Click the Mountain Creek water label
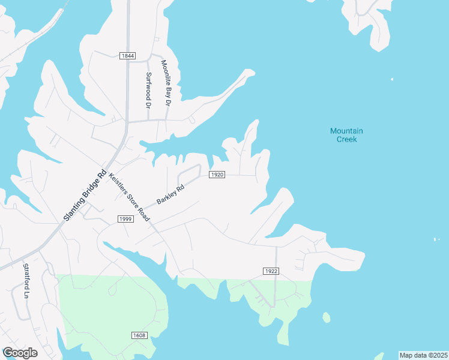pos(346,135)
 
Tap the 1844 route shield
pos(127,56)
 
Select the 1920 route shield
pos(217,175)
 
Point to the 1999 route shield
pos(125,219)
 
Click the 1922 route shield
pos(271,271)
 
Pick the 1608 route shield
pos(139,335)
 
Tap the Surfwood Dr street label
pos(148,89)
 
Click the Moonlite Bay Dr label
pos(166,83)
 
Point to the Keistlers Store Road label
pos(128,197)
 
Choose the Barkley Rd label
pos(170,194)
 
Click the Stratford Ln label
pos(26,281)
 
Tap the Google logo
pos(20,353)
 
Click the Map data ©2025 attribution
pos(423,355)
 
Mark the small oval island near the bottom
pos(326,317)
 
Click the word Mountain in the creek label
pos(346,131)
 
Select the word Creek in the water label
pos(346,139)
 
